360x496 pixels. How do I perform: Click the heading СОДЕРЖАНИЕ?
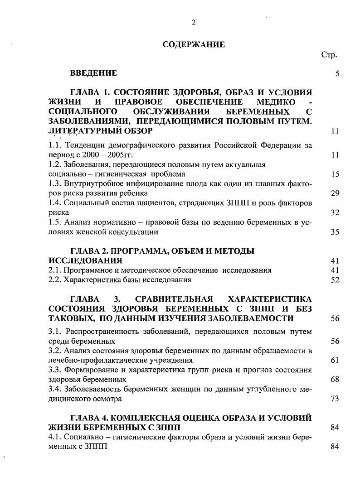pos(194,44)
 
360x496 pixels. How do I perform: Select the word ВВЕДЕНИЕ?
pos(93,73)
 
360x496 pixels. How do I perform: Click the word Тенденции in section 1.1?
pos(82,145)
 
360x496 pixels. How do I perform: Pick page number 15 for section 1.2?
pos(335,174)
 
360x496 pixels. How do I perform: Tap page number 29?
pos(335,193)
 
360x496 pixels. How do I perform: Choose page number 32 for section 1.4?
pos(335,212)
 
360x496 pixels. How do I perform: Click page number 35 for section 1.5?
pos(335,232)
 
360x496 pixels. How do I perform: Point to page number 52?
pos(335,280)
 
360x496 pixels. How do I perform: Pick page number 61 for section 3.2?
pos(335,361)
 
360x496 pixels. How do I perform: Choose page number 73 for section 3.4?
pos(335,399)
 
